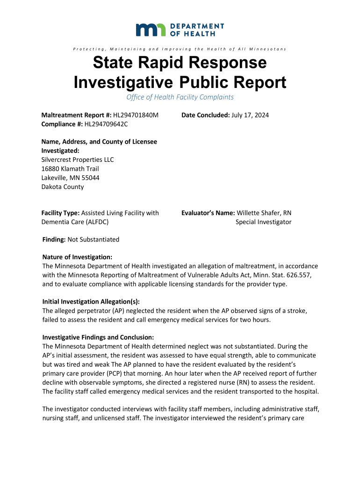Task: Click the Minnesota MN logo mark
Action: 151,29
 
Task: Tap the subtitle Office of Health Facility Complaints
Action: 180,97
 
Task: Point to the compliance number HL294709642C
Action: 106,124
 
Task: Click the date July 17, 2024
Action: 250,116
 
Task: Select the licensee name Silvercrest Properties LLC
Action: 78,160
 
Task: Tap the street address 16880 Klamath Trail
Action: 70,169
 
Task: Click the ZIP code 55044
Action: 90,178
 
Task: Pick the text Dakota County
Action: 63,187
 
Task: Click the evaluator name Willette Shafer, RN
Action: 264,213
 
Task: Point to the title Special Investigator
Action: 263,222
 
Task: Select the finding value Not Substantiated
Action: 94,239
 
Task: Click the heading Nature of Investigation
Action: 77,257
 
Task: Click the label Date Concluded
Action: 205,116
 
